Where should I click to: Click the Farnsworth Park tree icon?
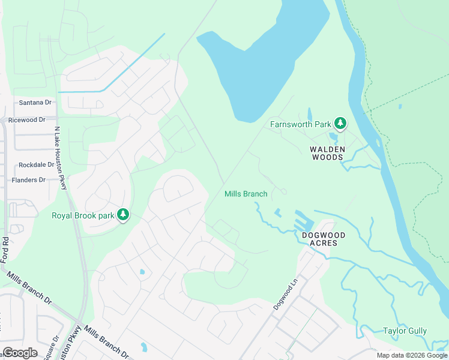[340, 124]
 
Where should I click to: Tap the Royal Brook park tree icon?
[123, 214]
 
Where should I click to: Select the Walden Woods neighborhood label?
[327, 153]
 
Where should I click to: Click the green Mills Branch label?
[246, 194]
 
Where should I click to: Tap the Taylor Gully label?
[405, 331]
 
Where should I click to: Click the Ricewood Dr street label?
[27, 120]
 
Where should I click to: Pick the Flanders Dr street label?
[28, 180]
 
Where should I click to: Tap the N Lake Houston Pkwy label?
[61, 158]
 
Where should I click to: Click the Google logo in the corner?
[20, 353]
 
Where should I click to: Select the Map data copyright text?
[412, 355]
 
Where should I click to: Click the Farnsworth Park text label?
[301, 124]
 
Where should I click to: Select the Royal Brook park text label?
[83, 215]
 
